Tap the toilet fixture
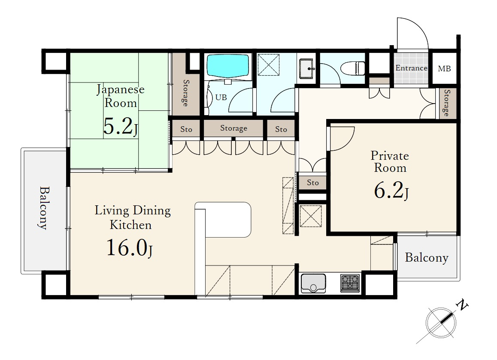[x=352, y=68]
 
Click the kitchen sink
[x=313, y=284]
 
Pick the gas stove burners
[x=350, y=283]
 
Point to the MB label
[x=444, y=68]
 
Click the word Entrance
[x=411, y=68]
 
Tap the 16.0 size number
[x=127, y=247]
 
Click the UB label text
[x=221, y=98]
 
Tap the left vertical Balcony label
[x=44, y=208]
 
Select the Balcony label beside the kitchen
[x=427, y=258]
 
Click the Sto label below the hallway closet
[x=312, y=183]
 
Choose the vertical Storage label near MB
[x=447, y=103]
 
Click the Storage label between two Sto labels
[x=233, y=128]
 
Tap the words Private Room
[x=390, y=162]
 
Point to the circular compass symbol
[x=441, y=323]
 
